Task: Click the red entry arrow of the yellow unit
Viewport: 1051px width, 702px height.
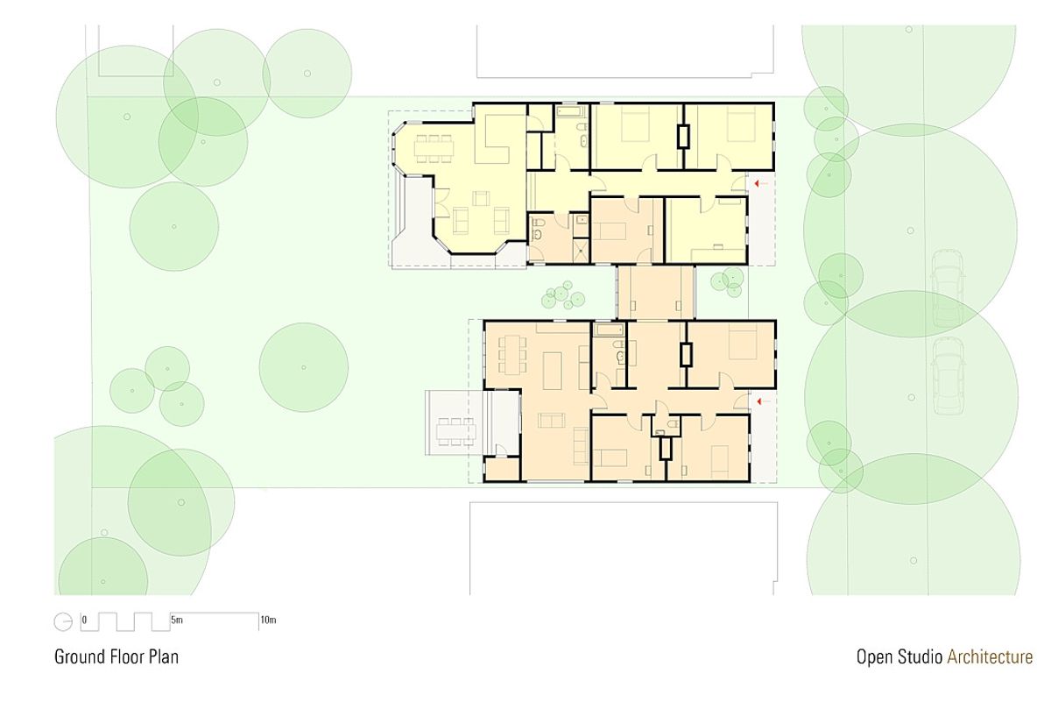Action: point(760,183)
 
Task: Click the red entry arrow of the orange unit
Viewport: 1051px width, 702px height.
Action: point(764,401)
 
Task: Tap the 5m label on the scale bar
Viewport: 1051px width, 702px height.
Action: point(176,620)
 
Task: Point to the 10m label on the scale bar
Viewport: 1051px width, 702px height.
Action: point(268,620)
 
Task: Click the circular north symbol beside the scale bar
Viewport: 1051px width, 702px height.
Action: point(63,621)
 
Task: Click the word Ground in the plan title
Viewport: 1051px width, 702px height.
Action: point(78,656)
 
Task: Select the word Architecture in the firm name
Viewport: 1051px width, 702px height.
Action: point(990,656)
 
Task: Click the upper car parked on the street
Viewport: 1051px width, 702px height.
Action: point(948,289)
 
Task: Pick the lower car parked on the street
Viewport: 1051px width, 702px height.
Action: point(949,376)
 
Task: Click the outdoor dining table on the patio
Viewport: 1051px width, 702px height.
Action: point(455,431)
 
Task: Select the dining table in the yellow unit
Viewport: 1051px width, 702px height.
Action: point(434,149)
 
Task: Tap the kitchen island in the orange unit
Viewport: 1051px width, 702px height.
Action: point(553,371)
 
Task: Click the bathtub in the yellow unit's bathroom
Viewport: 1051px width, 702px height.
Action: point(571,111)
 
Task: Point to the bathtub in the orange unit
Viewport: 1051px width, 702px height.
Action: point(609,330)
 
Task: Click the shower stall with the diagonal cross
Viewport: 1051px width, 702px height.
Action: point(582,249)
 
